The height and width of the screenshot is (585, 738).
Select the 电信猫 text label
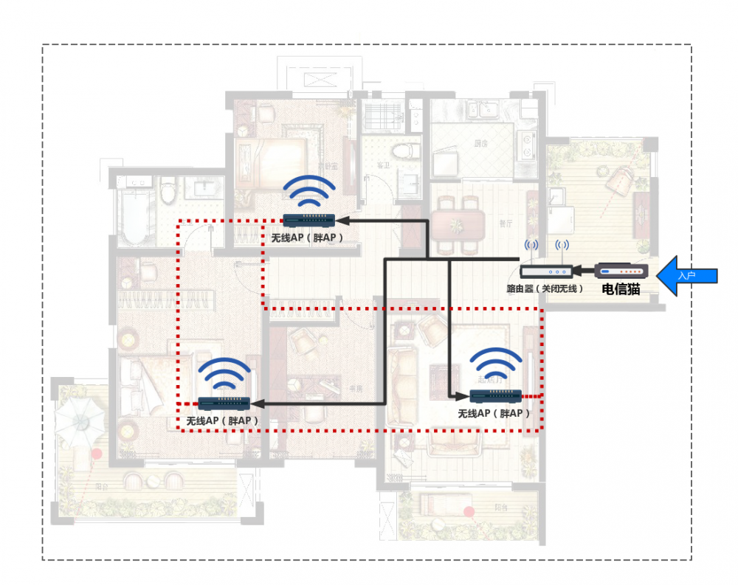621,289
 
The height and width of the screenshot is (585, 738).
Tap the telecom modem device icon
621,271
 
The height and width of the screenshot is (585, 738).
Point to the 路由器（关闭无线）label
545,288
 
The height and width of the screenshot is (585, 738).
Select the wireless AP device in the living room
496,395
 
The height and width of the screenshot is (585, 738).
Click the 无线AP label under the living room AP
494,414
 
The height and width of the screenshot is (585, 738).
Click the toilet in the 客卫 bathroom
403,152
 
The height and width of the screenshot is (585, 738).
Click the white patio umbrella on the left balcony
80,417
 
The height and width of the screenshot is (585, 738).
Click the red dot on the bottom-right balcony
469,511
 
